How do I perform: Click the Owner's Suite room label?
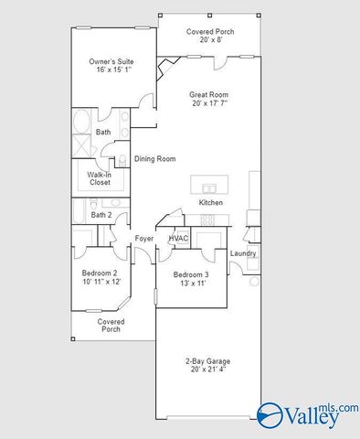(x=110, y=62)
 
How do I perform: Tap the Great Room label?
(x=209, y=94)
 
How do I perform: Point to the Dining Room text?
(x=154, y=159)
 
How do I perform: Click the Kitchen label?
(x=211, y=202)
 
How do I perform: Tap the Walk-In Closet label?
(x=100, y=178)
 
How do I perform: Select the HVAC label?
(x=178, y=239)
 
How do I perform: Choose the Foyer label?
(x=144, y=239)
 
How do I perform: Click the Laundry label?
(x=242, y=253)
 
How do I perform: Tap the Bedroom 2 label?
(x=100, y=273)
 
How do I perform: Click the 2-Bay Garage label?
(x=206, y=361)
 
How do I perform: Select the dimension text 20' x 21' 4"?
(x=206, y=370)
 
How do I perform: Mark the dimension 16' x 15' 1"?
(x=110, y=69)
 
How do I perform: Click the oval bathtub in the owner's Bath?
(x=80, y=122)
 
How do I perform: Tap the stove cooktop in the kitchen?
(x=207, y=219)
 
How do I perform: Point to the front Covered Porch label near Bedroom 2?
(x=111, y=326)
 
